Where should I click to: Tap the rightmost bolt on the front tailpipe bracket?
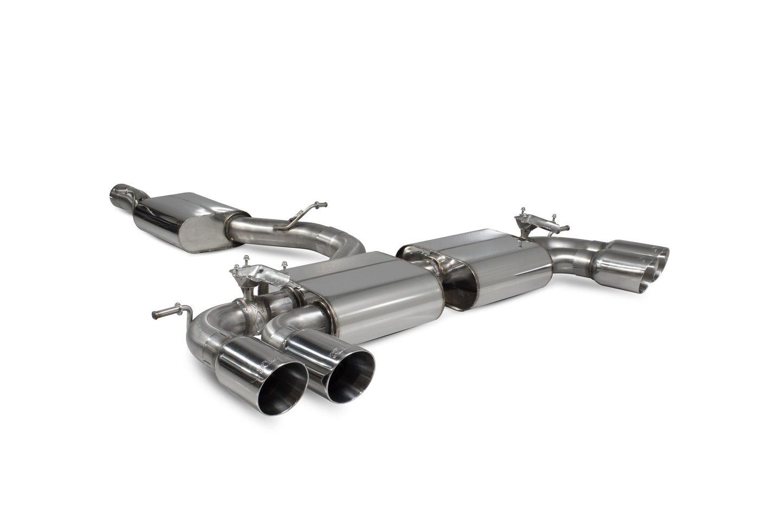pos(286,264)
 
